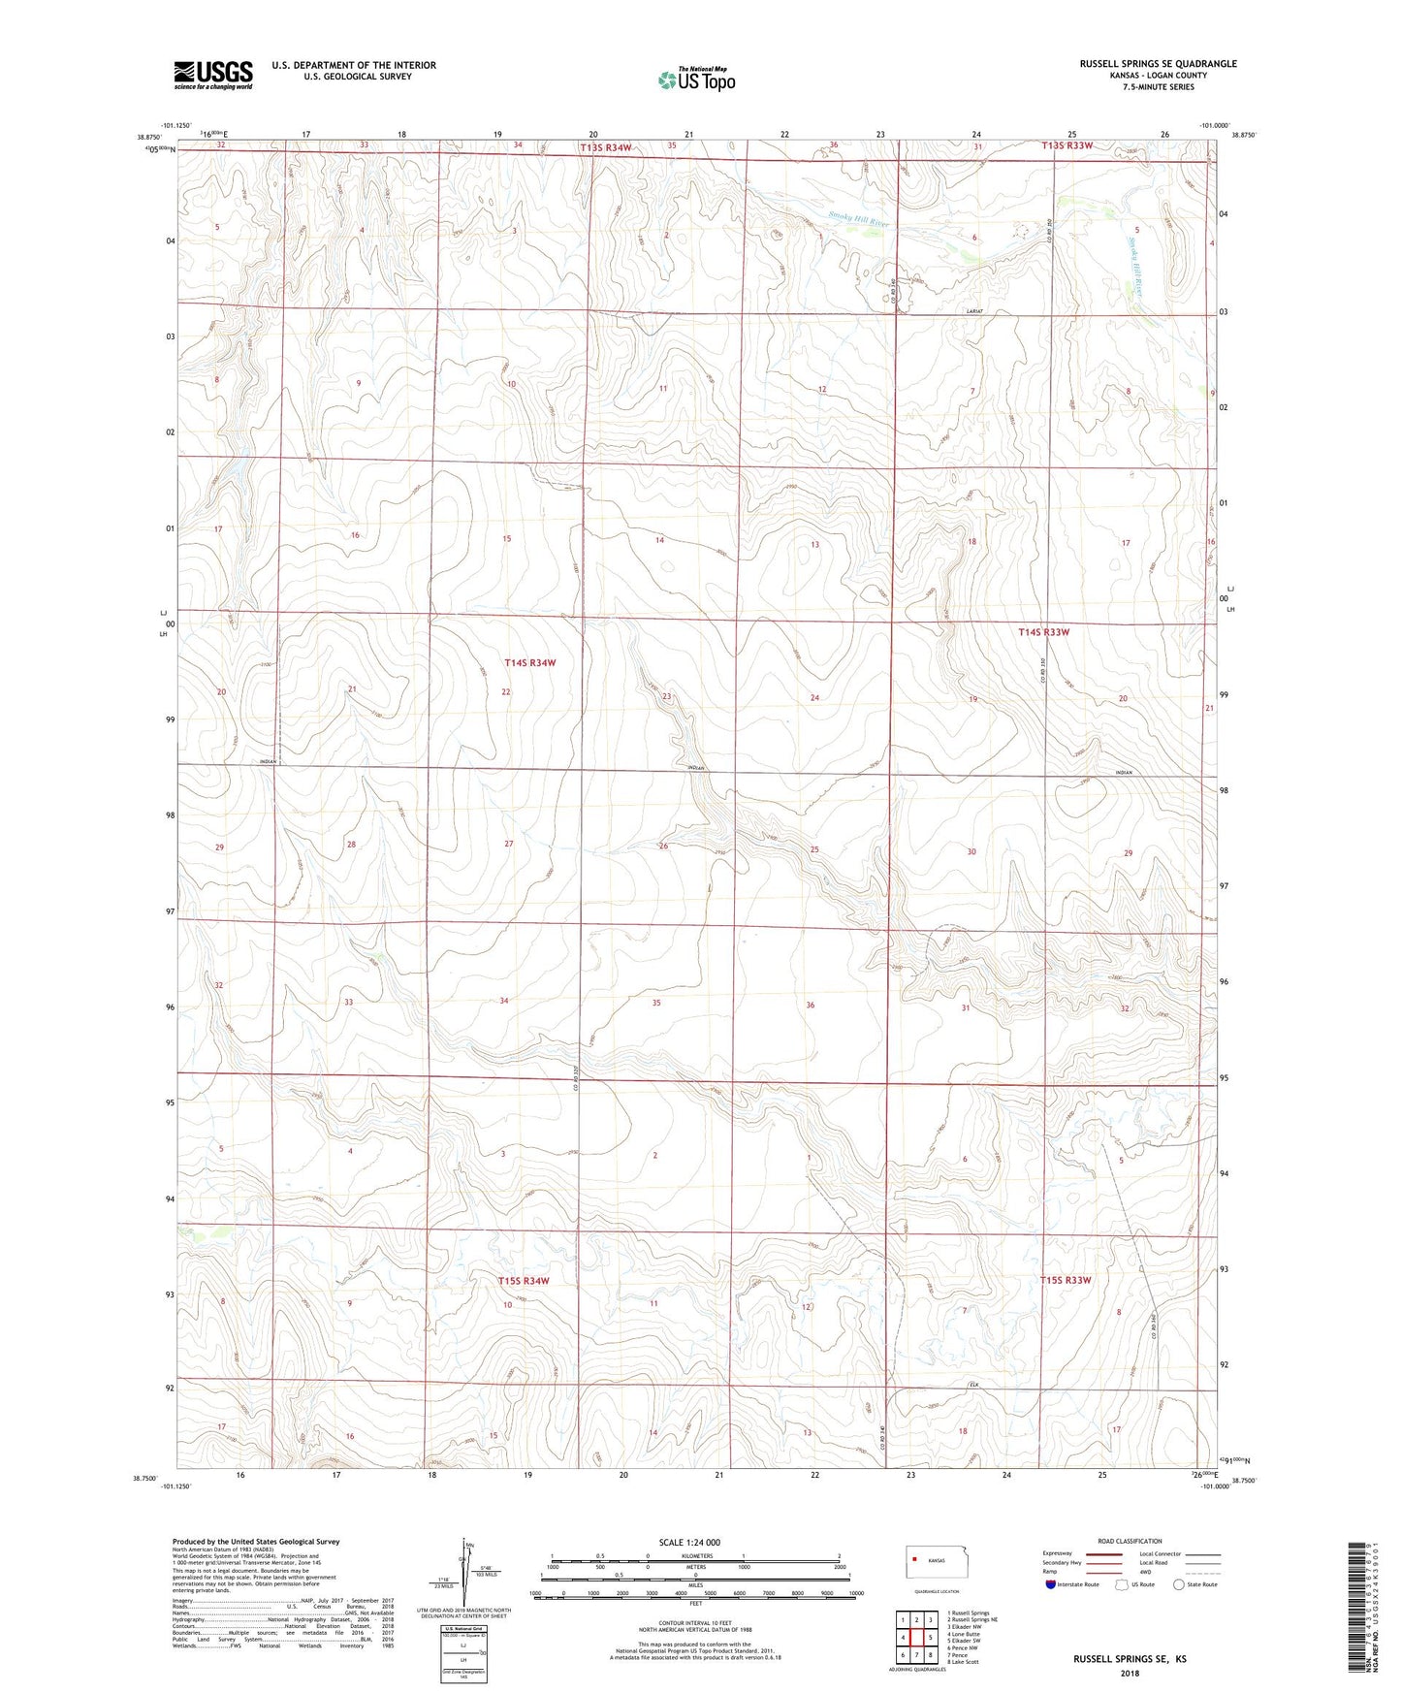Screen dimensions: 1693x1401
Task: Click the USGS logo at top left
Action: point(213,75)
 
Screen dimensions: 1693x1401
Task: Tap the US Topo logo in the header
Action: point(695,80)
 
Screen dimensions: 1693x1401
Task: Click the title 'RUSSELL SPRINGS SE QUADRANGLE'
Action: point(1158,64)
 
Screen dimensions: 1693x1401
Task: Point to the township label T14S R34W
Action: point(530,663)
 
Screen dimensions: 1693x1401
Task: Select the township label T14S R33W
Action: point(1044,632)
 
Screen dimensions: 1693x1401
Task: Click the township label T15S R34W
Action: point(524,1281)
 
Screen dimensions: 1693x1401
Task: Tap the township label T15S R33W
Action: point(1066,1280)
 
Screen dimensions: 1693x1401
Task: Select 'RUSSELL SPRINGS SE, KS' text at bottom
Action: point(1129,1659)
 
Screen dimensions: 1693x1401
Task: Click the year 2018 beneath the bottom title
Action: point(1129,1673)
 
